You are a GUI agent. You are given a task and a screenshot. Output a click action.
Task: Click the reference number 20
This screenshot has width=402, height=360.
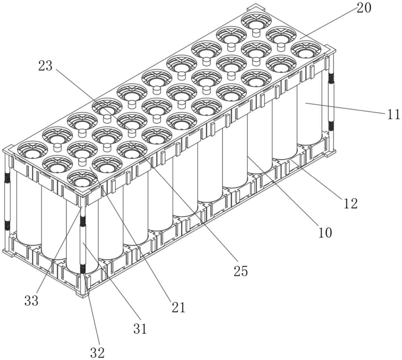pos(364,8)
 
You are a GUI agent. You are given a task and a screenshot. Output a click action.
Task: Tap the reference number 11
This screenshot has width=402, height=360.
pos(393,114)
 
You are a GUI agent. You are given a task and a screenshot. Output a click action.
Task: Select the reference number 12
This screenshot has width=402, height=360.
pos(350,204)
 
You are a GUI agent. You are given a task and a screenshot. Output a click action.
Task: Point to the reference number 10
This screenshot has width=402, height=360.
pos(325,233)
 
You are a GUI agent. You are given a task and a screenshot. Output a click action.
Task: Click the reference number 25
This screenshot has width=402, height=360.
pos(241,271)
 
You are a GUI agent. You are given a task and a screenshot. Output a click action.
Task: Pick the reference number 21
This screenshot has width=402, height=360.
pos(178,307)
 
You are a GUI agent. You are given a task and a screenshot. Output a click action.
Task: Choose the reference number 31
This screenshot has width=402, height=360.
pos(140,329)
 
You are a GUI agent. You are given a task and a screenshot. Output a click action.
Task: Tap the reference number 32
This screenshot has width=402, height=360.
pos(97,353)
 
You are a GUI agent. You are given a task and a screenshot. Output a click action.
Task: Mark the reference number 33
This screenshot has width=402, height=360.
pos(31,301)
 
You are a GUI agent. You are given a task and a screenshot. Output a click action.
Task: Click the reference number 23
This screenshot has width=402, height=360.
pos(45,66)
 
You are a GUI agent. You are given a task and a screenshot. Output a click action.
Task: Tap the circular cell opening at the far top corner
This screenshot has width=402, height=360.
pos(255,20)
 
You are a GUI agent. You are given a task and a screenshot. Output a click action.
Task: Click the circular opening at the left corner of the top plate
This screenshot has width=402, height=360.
pos(32,149)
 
